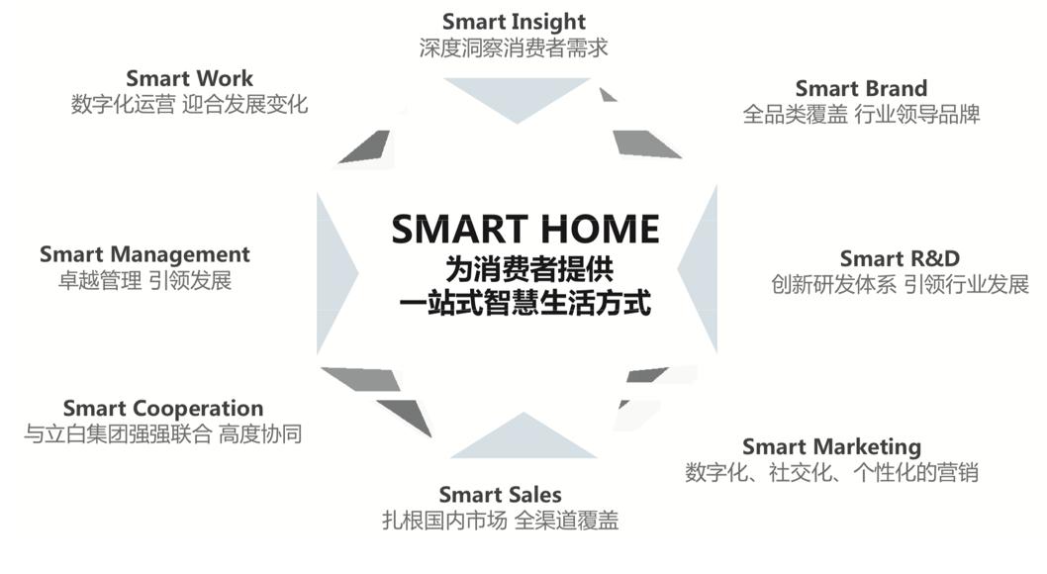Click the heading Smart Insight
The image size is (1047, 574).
(x=514, y=22)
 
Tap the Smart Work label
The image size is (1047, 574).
(x=190, y=78)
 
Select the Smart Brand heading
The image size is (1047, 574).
(x=861, y=88)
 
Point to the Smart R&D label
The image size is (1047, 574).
(x=900, y=258)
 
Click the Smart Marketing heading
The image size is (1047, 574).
(x=832, y=446)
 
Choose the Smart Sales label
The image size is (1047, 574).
(x=500, y=495)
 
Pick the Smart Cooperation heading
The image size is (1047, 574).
(x=163, y=409)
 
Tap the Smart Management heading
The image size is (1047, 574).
(x=144, y=255)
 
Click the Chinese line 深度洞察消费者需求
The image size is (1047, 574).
(x=514, y=48)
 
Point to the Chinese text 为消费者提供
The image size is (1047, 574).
(x=529, y=269)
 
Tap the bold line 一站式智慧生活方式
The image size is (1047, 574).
(x=524, y=303)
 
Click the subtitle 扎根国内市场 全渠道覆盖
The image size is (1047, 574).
(x=500, y=520)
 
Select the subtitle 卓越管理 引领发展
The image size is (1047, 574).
(x=144, y=280)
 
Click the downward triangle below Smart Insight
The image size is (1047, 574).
(x=517, y=100)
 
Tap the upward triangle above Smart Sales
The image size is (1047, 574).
(x=523, y=435)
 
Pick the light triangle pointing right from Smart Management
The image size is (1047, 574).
(x=335, y=272)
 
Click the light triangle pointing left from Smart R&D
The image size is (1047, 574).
(x=699, y=270)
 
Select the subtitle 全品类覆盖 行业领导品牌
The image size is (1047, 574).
(x=861, y=114)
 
